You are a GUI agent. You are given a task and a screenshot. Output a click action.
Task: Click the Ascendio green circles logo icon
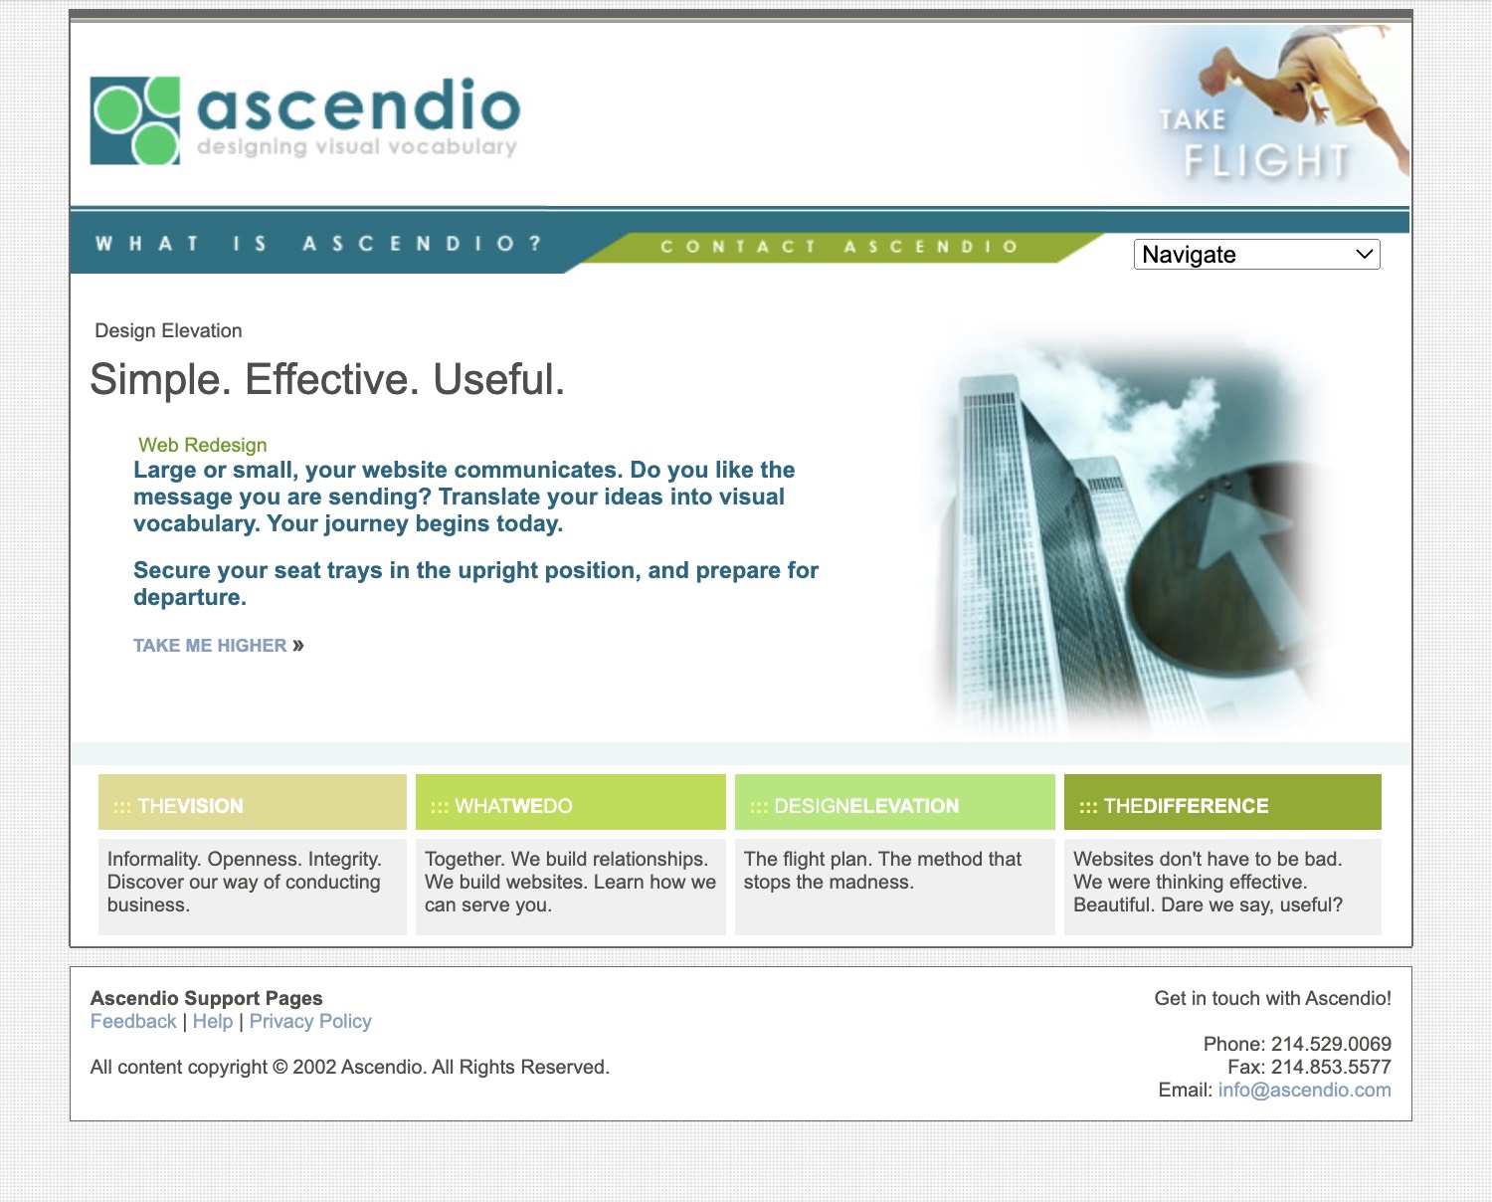coord(135,120)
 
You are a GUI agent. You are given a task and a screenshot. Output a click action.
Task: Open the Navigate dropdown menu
coord(1256,255)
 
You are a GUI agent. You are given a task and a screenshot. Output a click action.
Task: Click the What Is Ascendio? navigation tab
coord(318,244)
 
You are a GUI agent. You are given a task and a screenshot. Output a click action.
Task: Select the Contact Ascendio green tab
coord(839,247)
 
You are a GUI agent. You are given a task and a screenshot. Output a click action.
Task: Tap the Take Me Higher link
coord(219,646)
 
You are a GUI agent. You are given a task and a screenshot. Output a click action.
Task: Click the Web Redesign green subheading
coord(203,445)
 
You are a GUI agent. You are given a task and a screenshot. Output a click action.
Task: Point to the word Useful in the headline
coord(498,379)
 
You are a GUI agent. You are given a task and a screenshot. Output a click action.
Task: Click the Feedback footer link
coord(133,1022)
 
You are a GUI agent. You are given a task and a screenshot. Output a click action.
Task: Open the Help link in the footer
coord(213,1022)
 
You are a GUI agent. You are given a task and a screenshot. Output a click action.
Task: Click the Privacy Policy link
coord(310,1022)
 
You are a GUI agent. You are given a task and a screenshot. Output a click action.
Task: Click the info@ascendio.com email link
coord(1305,1091)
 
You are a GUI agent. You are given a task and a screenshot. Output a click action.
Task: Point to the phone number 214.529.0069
coord(1331,1044)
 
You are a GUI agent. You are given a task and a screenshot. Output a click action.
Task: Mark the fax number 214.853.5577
coord(1331,1067)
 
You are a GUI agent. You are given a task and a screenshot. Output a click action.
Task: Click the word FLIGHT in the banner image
coord(1266,161)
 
